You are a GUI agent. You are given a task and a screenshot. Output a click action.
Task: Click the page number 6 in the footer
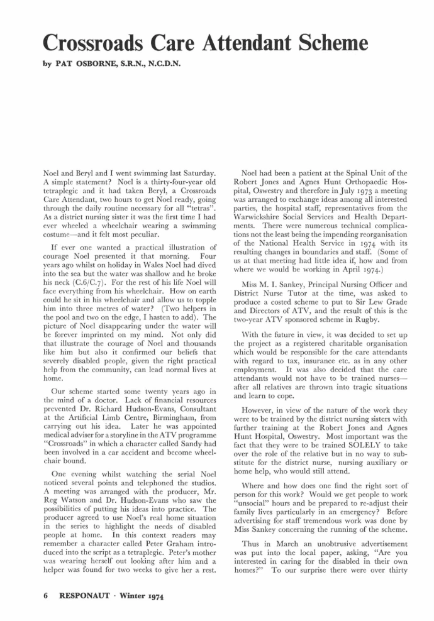(46, 595)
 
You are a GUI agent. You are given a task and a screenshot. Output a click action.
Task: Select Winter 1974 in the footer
(143, 595)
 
